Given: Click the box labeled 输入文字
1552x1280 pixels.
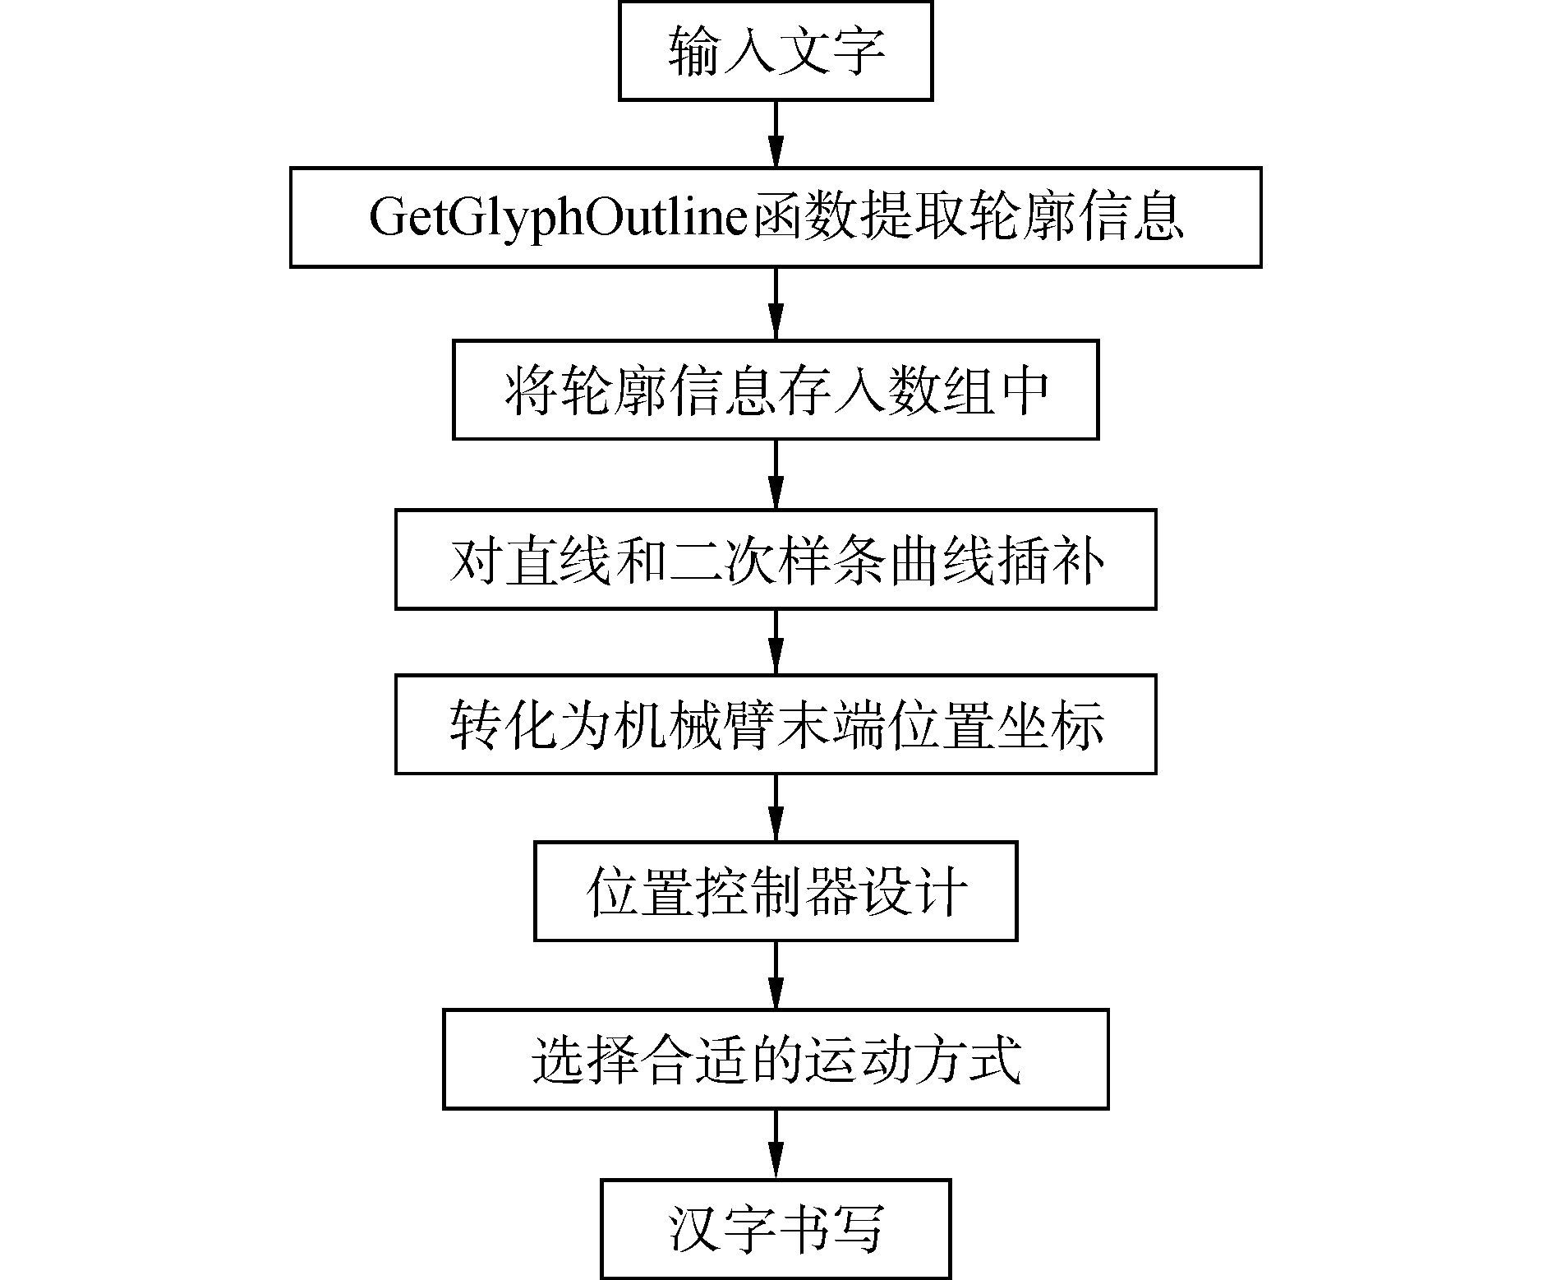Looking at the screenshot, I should click(775, 51).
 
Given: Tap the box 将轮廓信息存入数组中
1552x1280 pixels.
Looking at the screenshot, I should click(775, 390).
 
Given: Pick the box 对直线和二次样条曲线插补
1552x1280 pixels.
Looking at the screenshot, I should click(775, 560).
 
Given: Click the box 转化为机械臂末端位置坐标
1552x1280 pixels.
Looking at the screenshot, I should click(775, 724).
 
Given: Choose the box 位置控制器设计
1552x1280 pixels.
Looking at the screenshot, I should click(775, 891).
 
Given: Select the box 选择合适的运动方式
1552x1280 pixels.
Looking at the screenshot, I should click(775, 1060).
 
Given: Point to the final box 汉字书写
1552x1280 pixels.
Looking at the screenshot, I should click(775, 1229).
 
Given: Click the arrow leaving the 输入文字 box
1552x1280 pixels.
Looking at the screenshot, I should click(776, 134).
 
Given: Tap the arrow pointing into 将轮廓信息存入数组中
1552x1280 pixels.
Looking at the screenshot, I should click(776, 303).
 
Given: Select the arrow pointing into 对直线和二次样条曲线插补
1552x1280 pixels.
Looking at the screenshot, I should click(776, 474).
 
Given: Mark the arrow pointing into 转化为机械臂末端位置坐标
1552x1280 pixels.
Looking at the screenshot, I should click(776, 642).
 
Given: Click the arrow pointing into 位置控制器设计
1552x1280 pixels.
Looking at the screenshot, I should click(776, 808).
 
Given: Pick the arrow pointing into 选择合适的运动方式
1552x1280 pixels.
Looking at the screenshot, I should click(776, 975).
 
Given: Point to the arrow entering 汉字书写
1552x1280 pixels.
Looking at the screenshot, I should click(776, 1144).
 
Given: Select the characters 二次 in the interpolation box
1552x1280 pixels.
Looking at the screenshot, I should click(721, 561).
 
